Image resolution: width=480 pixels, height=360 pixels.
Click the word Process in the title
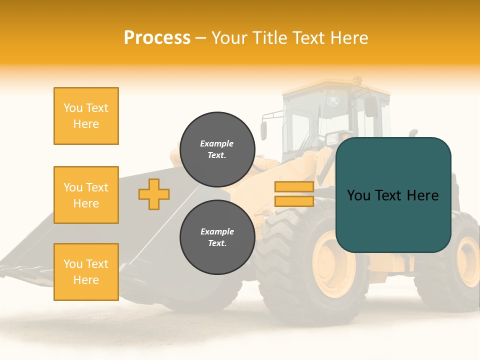pyautogui.click(x=157, y=38)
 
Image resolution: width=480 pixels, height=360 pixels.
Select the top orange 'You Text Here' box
pyautogui.click(x=86, y=116)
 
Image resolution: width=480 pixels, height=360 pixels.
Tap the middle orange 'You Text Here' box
pyautogui.click(x=86, y=195)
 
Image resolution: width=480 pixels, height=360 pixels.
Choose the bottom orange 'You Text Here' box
pyautogui.click(x=86, y=272)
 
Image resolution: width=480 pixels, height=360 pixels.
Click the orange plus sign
pyautogui.click(x=154, y=194)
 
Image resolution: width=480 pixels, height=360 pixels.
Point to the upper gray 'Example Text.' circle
pyautogui.click(x=217, y=149)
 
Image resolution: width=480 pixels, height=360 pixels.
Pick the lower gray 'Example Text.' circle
pyautogui.click(x=217, y=237)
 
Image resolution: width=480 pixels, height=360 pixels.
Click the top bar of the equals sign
pyautogui.click(x=294, y=187)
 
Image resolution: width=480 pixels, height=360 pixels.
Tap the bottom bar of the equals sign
pyautogui.click(x=294, y=201)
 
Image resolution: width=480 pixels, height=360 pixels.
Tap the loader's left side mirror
pyautogui.click(x=263, y=130)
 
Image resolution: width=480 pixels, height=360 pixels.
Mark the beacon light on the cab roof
pyautogui.click(x=356, y=79)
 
